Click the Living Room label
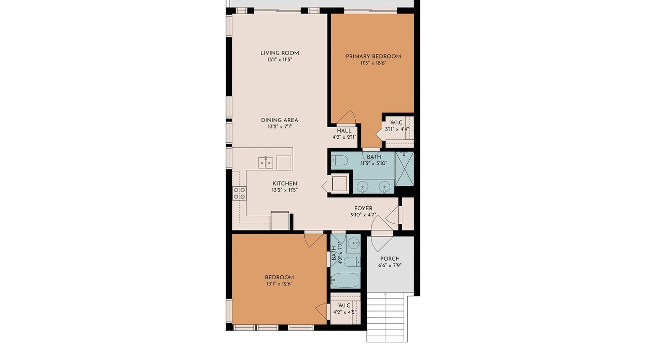(x=280, y=53)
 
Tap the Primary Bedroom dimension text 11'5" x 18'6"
(x=373, y=63)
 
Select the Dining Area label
(x=280, y=120)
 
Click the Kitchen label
(x=285, y=184)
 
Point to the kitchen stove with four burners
(x=239, y=193)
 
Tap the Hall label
(x=344, y=131)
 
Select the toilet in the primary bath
(x=340, y=160)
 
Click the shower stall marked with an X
(x=404, y=169)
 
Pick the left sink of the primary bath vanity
(x=362, y=187)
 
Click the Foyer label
(x=363, y=208)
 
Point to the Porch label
(x=390, y=259)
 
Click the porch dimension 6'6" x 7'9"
(x=390, y=265)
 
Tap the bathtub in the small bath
(x=345, y=280)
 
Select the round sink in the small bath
(x=354, y=244)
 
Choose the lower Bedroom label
(x=280, y=277)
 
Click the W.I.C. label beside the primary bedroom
(x=397, y=123)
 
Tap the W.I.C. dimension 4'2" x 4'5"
(x=345, y=312)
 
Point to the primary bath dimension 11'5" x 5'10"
(x=374, y=163)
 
